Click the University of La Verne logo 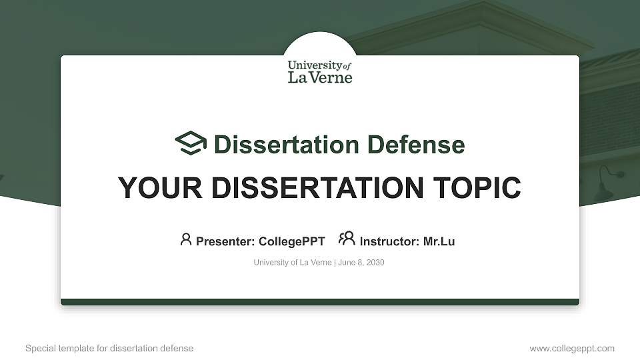click(x=320, y=71)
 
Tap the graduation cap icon click(x=191, y=143)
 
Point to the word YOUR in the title click(x=151, y=188)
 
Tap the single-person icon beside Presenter click(x=186, y=239)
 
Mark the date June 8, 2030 click(x=361, y=263)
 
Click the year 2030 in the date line click(x=375, y=263)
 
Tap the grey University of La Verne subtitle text click(x=292, y=263)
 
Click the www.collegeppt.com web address click(x=572, y=349)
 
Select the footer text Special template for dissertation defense click(x=109, y=349)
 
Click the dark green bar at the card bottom click(x=320, y=302)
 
